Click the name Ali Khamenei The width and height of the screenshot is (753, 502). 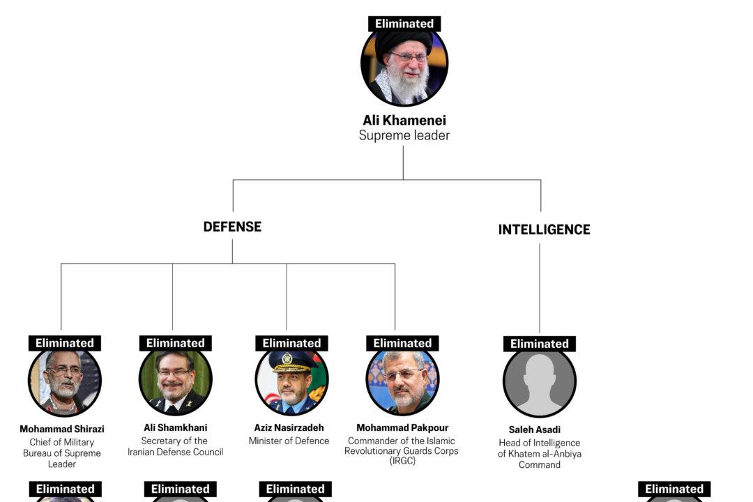point(404,121)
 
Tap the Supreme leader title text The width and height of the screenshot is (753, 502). point(404,135)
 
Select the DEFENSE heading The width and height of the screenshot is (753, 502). point(232,227)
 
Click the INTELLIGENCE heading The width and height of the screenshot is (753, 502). point(544,229)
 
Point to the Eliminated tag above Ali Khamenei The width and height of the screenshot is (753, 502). point(404,24)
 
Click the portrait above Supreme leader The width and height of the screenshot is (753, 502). point(404,64)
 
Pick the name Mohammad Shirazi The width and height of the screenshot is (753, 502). point(62,429)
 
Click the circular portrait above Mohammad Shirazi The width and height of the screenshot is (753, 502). point(65,382)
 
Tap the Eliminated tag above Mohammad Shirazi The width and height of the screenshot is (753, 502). point(65,343)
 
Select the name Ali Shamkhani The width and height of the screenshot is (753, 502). point(176,427)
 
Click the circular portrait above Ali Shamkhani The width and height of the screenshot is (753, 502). point(176,382)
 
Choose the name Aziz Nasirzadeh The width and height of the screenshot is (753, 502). point(289,427)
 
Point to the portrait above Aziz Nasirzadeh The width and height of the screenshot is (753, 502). point(291,382)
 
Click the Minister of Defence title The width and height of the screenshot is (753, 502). point(289,441)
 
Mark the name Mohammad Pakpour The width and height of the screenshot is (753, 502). point(402,427)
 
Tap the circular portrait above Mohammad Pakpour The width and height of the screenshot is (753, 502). point(402,382)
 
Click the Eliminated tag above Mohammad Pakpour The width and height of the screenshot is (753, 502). point(402,343)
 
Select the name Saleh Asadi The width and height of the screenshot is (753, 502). point(540,429)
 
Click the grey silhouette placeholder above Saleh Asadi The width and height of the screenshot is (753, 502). point(540,383)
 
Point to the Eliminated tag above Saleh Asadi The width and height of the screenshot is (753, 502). point(540,344)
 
